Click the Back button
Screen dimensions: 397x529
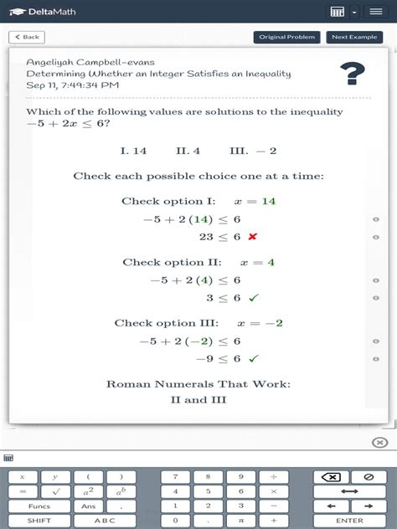27,37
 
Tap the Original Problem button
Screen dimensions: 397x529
287,37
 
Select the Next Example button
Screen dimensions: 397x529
354,37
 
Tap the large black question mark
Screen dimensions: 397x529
353,74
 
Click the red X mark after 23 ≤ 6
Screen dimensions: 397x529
252,237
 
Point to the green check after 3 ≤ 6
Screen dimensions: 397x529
253,298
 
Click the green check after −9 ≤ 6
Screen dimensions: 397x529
253,359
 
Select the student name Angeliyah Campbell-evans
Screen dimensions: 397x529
90,63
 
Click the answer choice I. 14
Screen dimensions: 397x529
133,152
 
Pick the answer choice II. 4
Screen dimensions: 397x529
188,152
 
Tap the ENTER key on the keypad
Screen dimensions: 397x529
349,520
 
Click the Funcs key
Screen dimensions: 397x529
39,506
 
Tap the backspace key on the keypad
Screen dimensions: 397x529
331,477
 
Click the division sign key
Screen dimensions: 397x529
273,477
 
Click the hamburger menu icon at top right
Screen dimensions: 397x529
375,12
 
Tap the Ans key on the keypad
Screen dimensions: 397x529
89,506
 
